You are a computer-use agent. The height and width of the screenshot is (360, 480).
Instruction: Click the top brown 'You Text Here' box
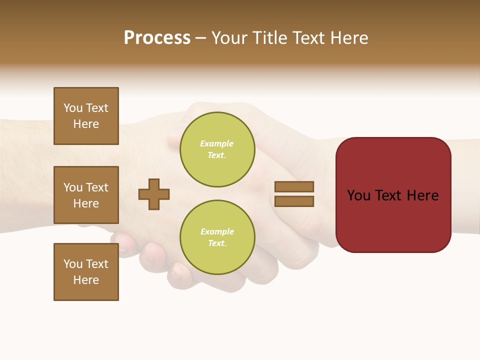86,116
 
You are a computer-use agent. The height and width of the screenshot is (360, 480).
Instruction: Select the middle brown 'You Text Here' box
86,195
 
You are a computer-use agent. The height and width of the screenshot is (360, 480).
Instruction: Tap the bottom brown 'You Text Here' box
86,272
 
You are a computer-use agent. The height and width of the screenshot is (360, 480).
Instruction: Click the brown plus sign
154,194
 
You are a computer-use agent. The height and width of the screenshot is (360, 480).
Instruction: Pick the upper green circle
217,149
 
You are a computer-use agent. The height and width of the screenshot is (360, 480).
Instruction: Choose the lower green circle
217,237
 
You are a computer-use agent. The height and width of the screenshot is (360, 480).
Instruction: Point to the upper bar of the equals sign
294,186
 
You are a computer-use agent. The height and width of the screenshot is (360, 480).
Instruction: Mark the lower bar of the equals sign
294,201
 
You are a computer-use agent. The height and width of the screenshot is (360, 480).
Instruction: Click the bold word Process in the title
157,38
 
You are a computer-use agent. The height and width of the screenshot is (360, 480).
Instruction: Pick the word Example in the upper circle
216,143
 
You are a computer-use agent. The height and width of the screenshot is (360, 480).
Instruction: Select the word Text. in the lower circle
217,243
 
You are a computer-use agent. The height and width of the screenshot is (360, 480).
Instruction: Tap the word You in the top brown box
72,108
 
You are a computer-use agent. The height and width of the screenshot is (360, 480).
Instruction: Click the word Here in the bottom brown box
86,280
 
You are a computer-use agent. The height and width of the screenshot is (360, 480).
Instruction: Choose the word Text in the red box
389,195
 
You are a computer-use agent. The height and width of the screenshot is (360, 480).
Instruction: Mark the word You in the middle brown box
72,187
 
